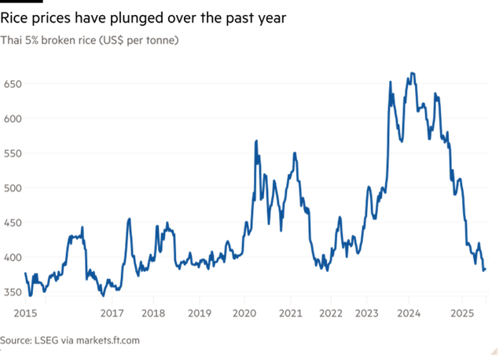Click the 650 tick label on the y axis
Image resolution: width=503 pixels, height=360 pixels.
(x=12, y=83)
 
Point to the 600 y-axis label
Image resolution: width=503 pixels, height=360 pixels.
(x=12, y=118)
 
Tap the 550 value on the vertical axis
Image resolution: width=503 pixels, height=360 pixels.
(x=12, y=152)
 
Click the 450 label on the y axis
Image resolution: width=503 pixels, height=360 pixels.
(x=12, y=222)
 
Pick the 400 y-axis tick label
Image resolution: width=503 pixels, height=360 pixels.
(x=12, y=257)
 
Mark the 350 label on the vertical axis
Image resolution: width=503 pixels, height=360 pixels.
(x=12, y=292)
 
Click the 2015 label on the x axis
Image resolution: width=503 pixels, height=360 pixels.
(x=26, y=313)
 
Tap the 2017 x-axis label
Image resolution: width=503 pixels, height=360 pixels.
(x=112, y=313)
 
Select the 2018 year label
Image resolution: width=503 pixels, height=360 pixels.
(x=153, y=313)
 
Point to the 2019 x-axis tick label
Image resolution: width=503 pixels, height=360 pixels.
(x=199, y=313)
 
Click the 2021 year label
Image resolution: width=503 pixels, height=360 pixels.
(x=291, y=313)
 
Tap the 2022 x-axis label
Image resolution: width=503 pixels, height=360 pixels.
(x=330, y=313)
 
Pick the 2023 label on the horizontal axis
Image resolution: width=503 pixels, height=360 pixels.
(x=368, y=313)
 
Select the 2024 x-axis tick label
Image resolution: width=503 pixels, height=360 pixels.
(x=409, y=313)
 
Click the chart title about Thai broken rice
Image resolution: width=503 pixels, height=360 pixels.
(x=90, y=39)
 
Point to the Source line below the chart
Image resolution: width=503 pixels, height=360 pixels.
(x=70, y=340)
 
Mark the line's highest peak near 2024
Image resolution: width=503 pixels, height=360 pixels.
(x=413, y=74)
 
